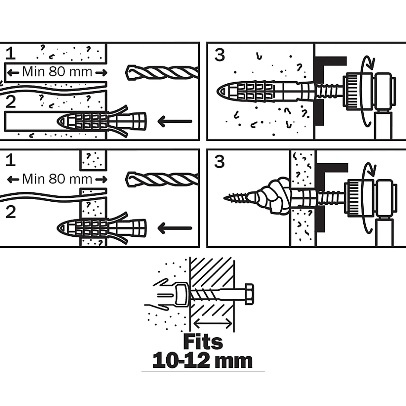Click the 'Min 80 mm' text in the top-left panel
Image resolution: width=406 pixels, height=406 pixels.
pos(57,71)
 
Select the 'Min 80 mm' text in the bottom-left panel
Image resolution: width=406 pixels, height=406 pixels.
pos(57,178)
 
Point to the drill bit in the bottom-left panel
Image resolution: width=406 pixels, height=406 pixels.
pos(162,179)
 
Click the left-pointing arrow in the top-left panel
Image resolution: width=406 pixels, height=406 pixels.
pos(174,121)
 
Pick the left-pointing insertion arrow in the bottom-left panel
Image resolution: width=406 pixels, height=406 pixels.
pos(174,228)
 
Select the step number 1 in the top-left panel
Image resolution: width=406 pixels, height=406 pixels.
pos(11,54)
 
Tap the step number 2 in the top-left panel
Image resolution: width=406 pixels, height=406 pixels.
pos(11,102)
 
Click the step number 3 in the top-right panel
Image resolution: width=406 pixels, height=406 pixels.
pos(219,55)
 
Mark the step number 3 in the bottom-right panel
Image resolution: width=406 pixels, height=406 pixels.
pos(219,162)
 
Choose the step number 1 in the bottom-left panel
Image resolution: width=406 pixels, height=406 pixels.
pos(11,161)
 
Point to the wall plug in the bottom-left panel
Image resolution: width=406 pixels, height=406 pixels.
pos(101,227)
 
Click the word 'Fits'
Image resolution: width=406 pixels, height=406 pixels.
pos(203,342)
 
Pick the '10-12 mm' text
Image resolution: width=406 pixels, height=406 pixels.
pos(203,361)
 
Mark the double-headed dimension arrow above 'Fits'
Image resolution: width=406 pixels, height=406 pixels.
pos(212,322)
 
